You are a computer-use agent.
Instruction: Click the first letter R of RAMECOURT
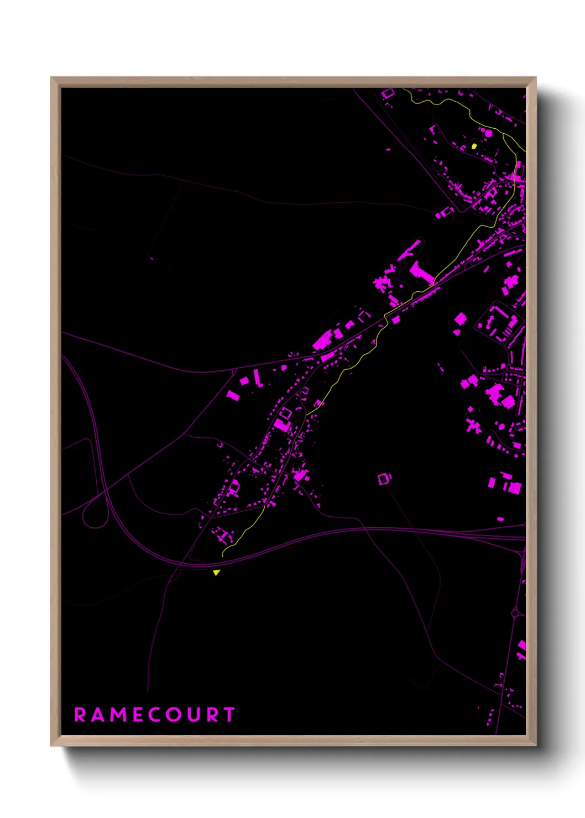pyautogui.click(x=80, y=715)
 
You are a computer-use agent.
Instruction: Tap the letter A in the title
pyautogui.click(x=99, y=715)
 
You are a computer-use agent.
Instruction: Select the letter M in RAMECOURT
pyautogui.click(x=119, y=715)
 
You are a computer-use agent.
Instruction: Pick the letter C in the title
pyautogui.click(x=155, y=715)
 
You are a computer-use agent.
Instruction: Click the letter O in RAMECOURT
pyautogui.click(x=175, y=715)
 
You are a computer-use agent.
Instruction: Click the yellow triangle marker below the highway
pyautogui.click(x=216, y=573)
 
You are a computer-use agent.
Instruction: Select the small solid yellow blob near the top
pyautogui.click(x=474, y=146)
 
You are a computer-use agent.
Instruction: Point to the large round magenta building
pyautogui.click(x=488, y=133)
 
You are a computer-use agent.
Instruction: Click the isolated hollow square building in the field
pyautogui.click(x=385, y=479)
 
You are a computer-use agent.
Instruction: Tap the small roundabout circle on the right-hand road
pyautogui.click(x=515, y=612)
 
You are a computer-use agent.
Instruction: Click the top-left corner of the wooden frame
pyautogui.click(x=52, y=78)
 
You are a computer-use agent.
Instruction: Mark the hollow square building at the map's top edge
pyautogui.click(x=388, y=93)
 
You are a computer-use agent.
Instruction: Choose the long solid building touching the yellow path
pyautogui.click(x=421, y=274)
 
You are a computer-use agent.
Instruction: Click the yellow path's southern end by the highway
pyautogui.click(x=223, y=554)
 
